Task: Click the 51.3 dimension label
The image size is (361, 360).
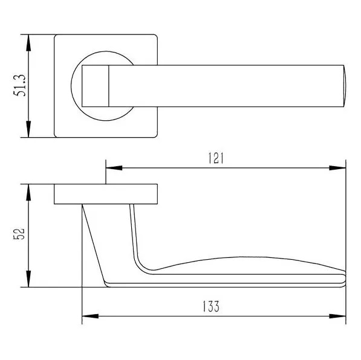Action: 20,85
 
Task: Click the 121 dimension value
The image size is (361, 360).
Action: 216,158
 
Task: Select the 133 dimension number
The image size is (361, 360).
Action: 211,306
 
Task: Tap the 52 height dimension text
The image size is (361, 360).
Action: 19,234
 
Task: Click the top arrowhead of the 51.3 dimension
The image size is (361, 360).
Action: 28,43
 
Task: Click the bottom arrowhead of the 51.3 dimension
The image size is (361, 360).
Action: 28,129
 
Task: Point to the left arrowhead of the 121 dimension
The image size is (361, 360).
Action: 114,168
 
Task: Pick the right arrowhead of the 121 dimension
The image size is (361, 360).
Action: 337,168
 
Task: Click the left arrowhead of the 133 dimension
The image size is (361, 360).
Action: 90,316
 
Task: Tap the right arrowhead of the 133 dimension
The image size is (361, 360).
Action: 337,316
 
